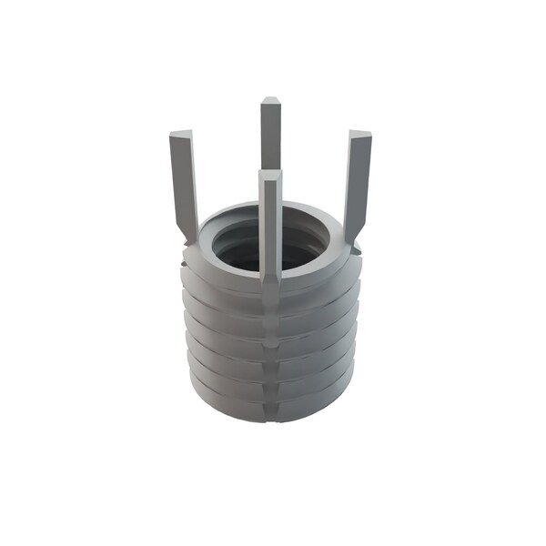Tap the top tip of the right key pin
(x=360, y=136)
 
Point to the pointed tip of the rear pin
(x=270, y=99)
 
